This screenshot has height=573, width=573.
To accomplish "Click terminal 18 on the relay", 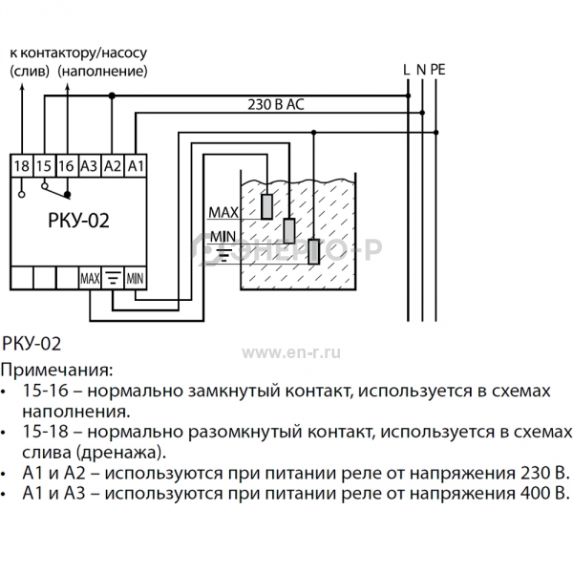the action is tap(22, 166).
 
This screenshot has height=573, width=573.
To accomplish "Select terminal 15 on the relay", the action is tap(44, 166).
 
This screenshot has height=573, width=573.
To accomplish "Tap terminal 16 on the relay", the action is tap(67, 166).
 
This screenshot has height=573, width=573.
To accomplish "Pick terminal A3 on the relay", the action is tap(90, 166).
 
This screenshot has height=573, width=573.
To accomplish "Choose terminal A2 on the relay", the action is tap(113, 166).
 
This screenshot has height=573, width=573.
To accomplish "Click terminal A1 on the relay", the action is tap(136, 166).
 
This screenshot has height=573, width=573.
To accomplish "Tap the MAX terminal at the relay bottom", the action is tap(90, 279).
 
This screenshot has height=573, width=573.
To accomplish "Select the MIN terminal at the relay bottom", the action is tap(136, 279).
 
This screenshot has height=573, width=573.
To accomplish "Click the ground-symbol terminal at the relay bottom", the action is tap(113, 279).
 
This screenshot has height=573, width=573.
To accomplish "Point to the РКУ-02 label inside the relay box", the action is tap(78, 221).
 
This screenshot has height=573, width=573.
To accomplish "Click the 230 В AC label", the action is tap(276, 105).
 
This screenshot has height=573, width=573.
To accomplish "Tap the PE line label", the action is tap(437, 70).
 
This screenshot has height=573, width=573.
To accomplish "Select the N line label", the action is tap(421, 70).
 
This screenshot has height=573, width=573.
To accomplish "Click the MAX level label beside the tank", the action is tap(223, 212).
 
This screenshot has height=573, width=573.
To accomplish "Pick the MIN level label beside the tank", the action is tap(223, 237).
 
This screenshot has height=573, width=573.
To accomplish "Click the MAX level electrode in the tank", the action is tap(267, 206).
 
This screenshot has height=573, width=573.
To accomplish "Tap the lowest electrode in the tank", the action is tap(314, 251).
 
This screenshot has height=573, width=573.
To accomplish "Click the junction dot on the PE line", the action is tap(436, 133).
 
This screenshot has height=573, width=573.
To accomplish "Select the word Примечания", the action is tap(56, 371).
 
